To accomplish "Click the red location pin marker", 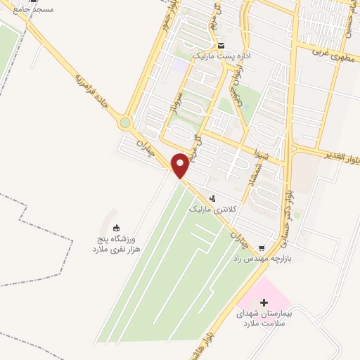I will [x=180, y=165].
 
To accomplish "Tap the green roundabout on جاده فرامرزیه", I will [x=125, y=123].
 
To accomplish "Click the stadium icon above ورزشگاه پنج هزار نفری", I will [x=117, y=227].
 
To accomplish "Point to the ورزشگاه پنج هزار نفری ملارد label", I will [x=113, y=245].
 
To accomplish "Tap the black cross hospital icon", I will [x=264, y=303].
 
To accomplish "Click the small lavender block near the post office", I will [x=181, y=65].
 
